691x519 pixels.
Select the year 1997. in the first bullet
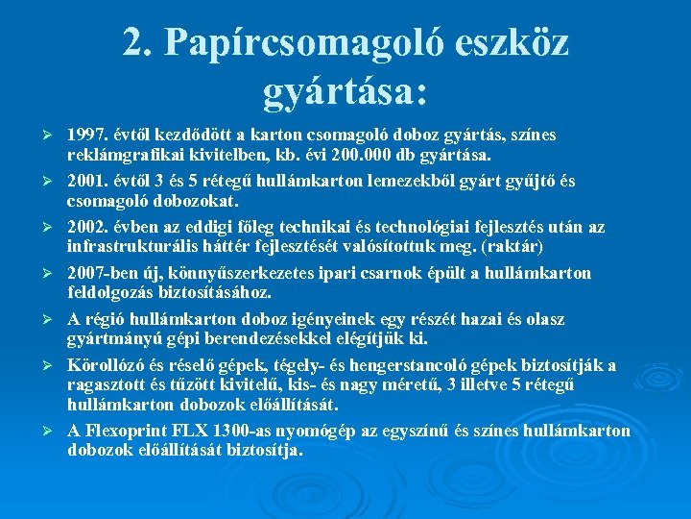point(87,135)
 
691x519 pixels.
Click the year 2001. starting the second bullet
point(87,181)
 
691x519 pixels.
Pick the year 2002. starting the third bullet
point(87,227)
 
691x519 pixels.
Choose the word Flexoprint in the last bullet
point(127,430)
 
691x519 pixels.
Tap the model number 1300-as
point(247,430)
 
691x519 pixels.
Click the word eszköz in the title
point(516,40)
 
